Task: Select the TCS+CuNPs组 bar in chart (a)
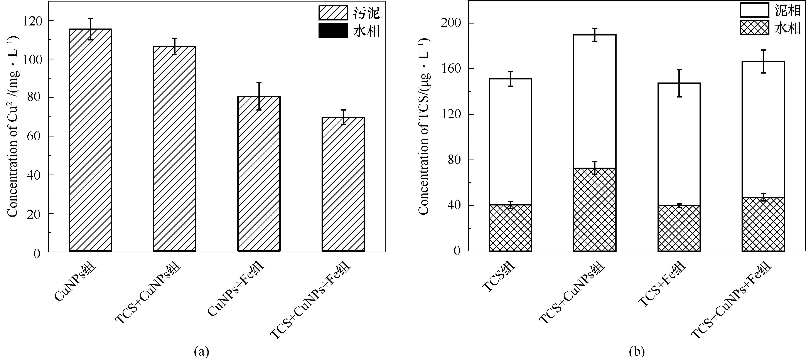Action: (x=175, y=149)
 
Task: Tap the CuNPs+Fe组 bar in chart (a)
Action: (x=259, y=174)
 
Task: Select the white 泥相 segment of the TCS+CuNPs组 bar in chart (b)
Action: (x=595, y=101)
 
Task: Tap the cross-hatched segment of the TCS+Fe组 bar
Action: (x=679, y=228)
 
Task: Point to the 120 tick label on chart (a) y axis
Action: (x=32, y=21)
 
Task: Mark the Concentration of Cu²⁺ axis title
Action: (x=13, y=126)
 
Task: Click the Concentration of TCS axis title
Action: (x=424, y=126)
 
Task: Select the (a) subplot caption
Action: (x=201, y=352)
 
